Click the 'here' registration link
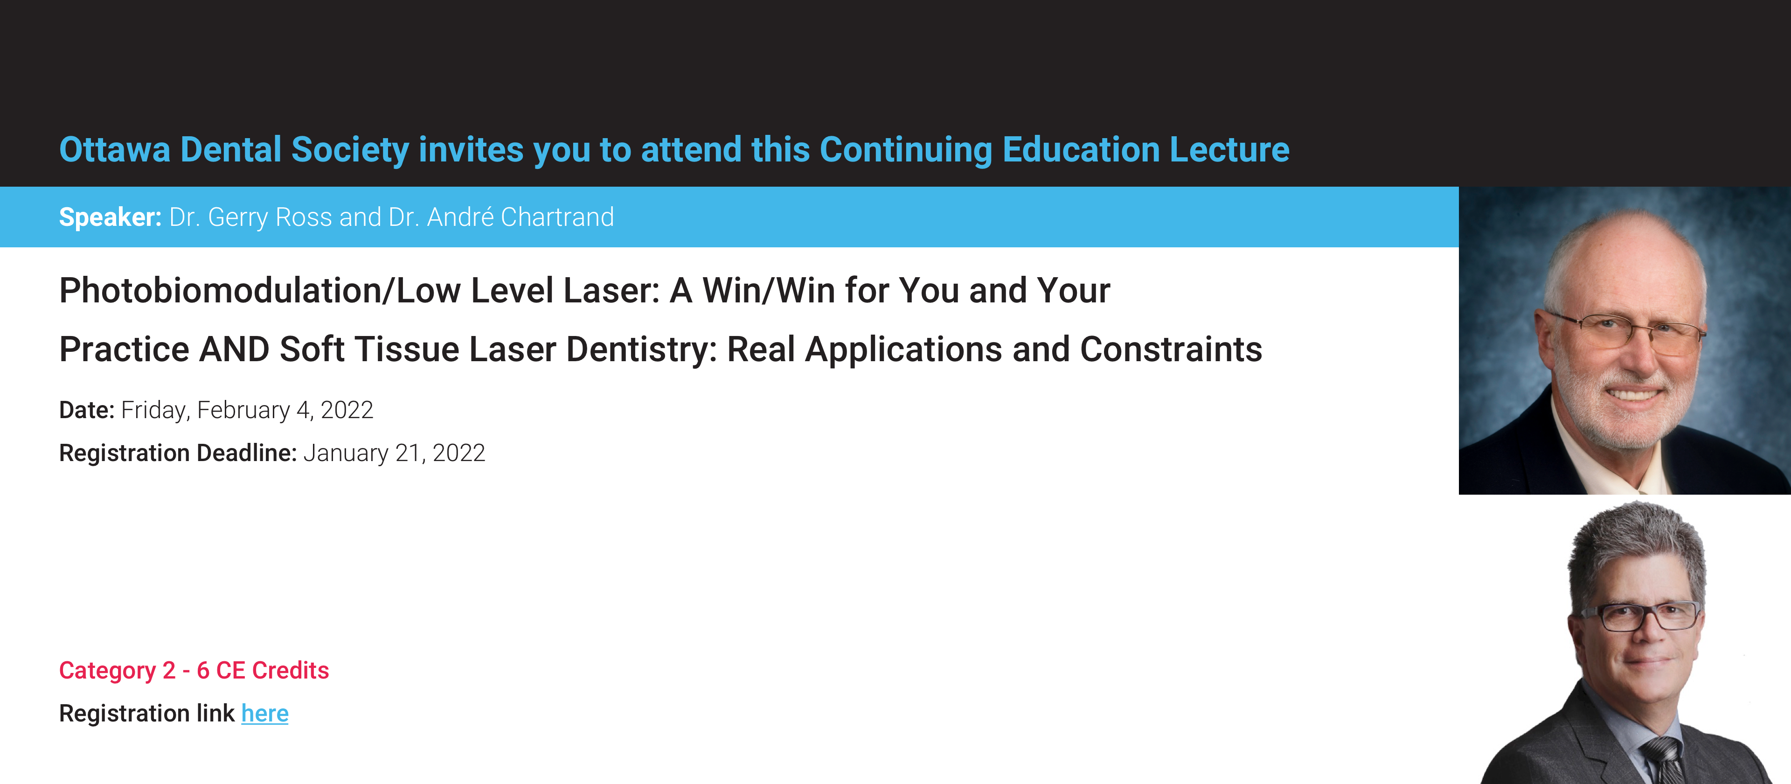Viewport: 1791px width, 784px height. tap(265, 713)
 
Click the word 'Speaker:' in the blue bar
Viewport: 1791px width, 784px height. tap(111, 217)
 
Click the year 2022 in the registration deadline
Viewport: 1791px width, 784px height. tap(459, 453)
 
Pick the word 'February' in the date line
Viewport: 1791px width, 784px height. tap(243, 411)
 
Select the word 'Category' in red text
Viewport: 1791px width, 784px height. tap(108, 671)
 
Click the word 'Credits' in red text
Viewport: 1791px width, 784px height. tap(291, 671)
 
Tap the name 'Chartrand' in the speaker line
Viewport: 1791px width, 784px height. tap(558, 217)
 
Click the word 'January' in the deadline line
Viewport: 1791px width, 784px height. tap(346, 454)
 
